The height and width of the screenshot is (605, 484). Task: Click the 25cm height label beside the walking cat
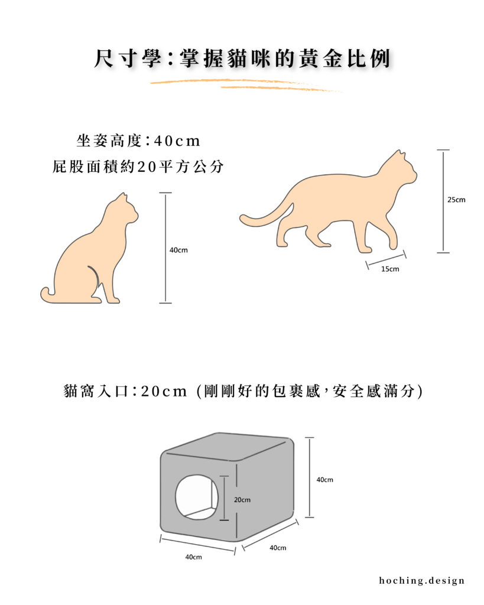click(456, 200)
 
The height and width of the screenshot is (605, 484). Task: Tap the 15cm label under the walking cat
click(390, 269)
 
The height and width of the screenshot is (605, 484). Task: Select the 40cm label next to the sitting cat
click(178, 250)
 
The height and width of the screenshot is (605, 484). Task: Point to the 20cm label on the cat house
click(242, 500)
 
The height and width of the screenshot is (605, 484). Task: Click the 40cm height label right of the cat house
click(324, 480)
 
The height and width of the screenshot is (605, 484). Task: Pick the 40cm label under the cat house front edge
click(193, 557)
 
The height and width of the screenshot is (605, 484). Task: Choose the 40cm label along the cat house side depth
click(278, 548)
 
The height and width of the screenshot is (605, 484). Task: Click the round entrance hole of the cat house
click(197, 497)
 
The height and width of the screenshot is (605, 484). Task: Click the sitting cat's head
click(123, 210)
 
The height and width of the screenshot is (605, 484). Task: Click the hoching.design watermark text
click(422, 581)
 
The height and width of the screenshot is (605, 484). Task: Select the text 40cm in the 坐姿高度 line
click(177, 141)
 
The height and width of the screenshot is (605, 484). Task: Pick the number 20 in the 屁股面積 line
click(147, 167)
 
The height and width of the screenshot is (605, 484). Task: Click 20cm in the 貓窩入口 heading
click(164, 391)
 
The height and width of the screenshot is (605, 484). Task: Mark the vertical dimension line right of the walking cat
click(443, 201)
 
